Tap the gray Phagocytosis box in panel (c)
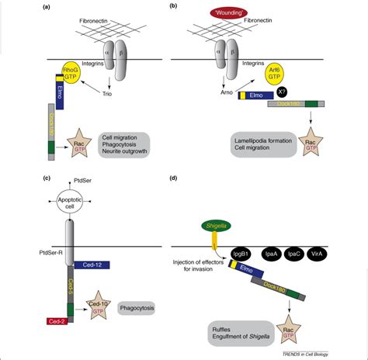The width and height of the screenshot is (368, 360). tap(141, 308)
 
